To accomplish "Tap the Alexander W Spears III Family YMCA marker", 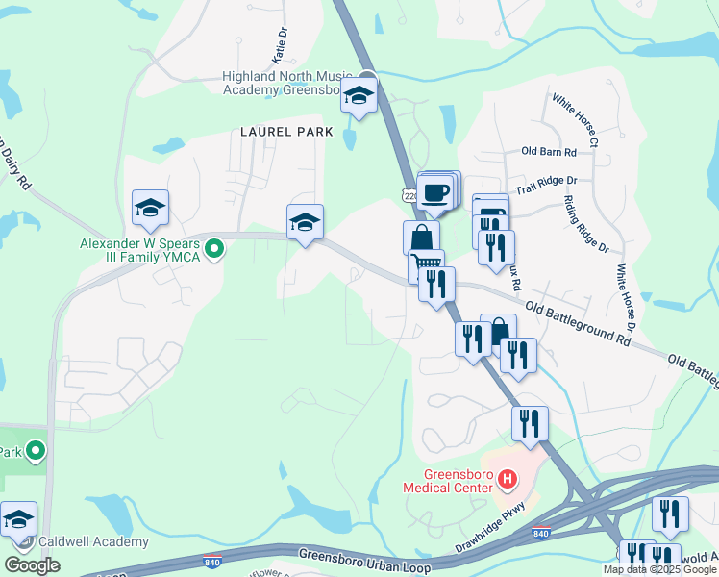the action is click(x=216, y=250).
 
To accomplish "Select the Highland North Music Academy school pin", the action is click(x=359, y=96).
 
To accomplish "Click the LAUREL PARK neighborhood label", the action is click(x=286, y=132).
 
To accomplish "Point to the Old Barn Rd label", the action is click(x=548, y=152).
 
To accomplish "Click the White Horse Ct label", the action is click(x=575, y=119).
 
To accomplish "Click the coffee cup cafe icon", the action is click(x=435, y=191).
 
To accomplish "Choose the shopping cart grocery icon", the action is click(x=426, y=263).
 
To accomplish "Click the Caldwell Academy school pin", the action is click(x=17, y=519).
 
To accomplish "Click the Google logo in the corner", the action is click(x=33, y=565).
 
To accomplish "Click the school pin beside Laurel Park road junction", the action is click(x=305, y=222).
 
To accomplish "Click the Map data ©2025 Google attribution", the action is click(x=660, y=569).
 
